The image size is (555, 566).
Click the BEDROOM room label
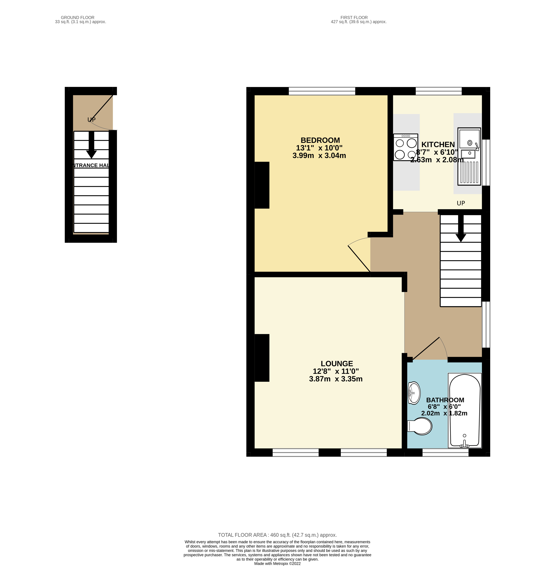320,140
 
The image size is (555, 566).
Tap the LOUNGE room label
337,364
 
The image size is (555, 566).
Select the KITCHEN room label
438,145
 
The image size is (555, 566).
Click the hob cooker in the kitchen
405,147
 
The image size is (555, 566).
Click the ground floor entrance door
102,112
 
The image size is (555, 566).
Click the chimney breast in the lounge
262,358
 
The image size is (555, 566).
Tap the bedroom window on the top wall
322,91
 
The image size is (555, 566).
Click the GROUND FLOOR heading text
78,17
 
